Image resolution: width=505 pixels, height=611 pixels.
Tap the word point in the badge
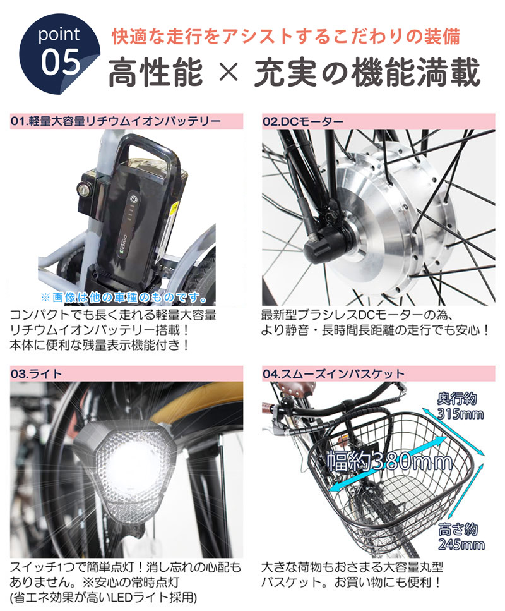point(61,34)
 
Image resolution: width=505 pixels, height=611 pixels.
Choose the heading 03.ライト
point(37,373)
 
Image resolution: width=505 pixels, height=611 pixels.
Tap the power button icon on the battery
point(133,200)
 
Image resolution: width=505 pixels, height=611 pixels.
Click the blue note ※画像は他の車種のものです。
point(124,296)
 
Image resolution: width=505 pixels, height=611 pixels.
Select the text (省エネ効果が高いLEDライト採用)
point(104,596)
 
